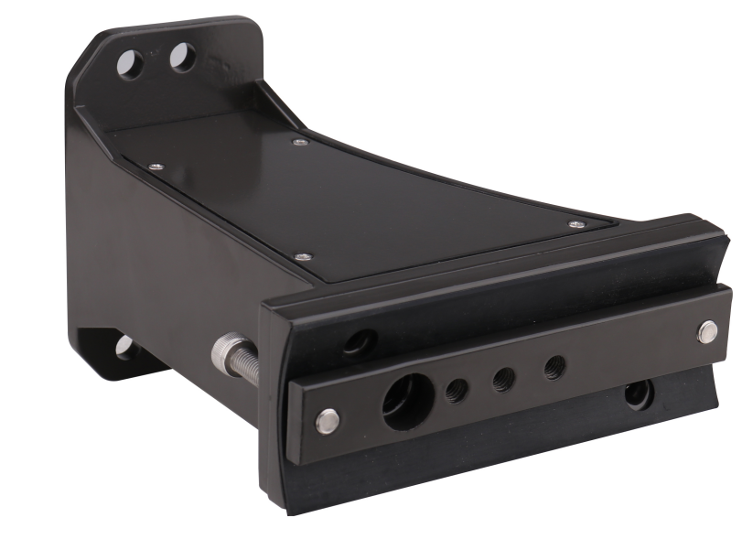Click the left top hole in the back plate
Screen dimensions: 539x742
[x=131, y=63]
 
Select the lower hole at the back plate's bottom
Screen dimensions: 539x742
[x=125, y=347]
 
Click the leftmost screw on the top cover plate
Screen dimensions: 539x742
[x=156, y=166]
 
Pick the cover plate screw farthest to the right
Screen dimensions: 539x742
[x=575, y=223]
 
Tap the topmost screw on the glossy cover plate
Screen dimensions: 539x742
[x=299, y=141]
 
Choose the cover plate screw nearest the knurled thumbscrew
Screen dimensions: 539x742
[x=303, y=256]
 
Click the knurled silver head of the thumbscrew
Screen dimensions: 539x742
[x=225, y=352]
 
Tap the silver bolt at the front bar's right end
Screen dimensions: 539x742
[x=706, y=331]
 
